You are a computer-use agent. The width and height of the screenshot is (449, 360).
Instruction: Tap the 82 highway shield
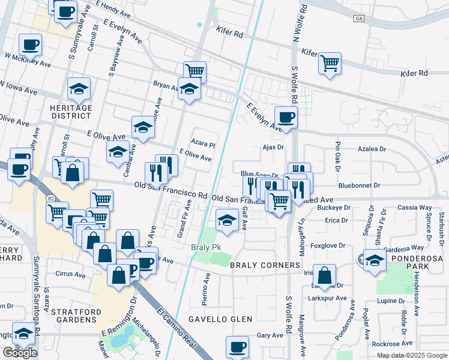49,197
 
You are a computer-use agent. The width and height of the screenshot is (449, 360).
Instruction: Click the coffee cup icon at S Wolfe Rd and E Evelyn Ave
286,117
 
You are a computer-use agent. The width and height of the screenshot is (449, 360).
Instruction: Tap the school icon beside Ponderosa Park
374,261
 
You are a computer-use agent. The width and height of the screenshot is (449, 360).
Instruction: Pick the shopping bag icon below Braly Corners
325,276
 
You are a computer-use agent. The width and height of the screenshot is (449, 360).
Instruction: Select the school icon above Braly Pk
226,220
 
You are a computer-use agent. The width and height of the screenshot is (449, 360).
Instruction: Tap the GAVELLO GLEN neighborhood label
220,319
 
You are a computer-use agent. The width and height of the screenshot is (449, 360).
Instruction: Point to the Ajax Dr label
273,147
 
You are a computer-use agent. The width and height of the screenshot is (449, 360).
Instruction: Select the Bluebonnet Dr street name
360,186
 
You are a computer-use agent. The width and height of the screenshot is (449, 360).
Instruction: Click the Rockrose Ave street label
392,344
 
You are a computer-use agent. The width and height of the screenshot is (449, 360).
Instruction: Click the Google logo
20,353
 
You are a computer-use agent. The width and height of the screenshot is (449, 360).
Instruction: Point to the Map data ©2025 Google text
412,355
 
